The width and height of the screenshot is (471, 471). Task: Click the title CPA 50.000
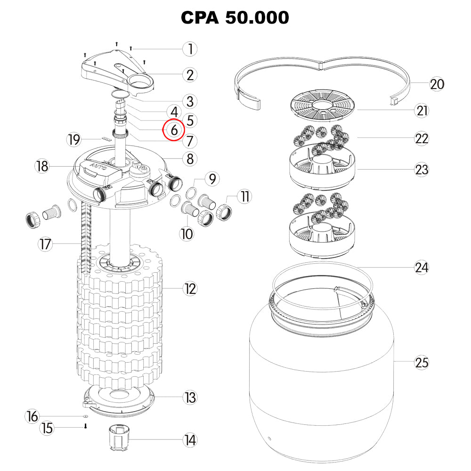(235, 18)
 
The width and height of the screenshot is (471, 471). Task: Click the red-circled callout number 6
(174, 130)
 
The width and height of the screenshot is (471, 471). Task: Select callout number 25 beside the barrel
(422, 363)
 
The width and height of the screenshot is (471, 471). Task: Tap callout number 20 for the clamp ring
(437, 84)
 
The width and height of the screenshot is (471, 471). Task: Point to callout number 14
(190, 440)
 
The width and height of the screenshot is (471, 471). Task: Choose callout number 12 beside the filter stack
(190, 289)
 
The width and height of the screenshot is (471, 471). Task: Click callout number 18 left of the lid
(42, 166)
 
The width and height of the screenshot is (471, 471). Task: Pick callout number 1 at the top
(190, 49)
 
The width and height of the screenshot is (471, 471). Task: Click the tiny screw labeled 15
(86, 427)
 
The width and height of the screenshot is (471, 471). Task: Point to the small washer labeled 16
(85, 417)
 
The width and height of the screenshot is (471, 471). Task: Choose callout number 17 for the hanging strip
(45, 244)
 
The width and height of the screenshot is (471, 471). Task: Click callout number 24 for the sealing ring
(421, 268)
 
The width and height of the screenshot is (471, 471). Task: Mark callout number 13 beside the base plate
(190, 398)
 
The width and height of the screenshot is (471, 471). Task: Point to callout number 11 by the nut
(244, 196)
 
